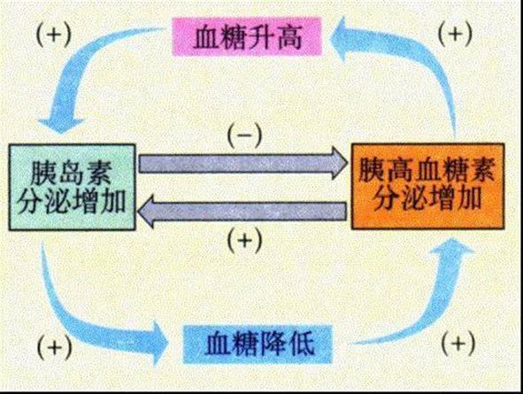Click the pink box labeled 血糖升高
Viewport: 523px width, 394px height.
(x=247, y=36)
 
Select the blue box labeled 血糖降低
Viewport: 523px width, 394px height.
(x=258, y=344)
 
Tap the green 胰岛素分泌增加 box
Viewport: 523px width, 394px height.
(x=72, y=187)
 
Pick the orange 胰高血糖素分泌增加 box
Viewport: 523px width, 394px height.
(x=428, y=187)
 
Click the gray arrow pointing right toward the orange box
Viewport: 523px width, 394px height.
(x=242, y=163)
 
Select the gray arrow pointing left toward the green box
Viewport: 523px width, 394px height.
(x=242, y=212)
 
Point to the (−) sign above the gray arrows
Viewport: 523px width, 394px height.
(x=244, y=135)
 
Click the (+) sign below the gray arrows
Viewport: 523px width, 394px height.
(x=244, y=241)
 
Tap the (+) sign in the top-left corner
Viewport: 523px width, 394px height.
(x=53, y=35)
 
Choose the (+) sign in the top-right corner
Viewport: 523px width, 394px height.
(x=455, y=34)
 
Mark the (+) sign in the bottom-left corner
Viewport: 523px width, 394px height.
(x=54, y=347)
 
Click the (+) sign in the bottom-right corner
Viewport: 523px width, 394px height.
(x=458, y=343)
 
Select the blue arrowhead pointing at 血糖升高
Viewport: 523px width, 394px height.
(x=343, y=37)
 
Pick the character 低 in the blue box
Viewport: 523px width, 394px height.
(x=302, y=344)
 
